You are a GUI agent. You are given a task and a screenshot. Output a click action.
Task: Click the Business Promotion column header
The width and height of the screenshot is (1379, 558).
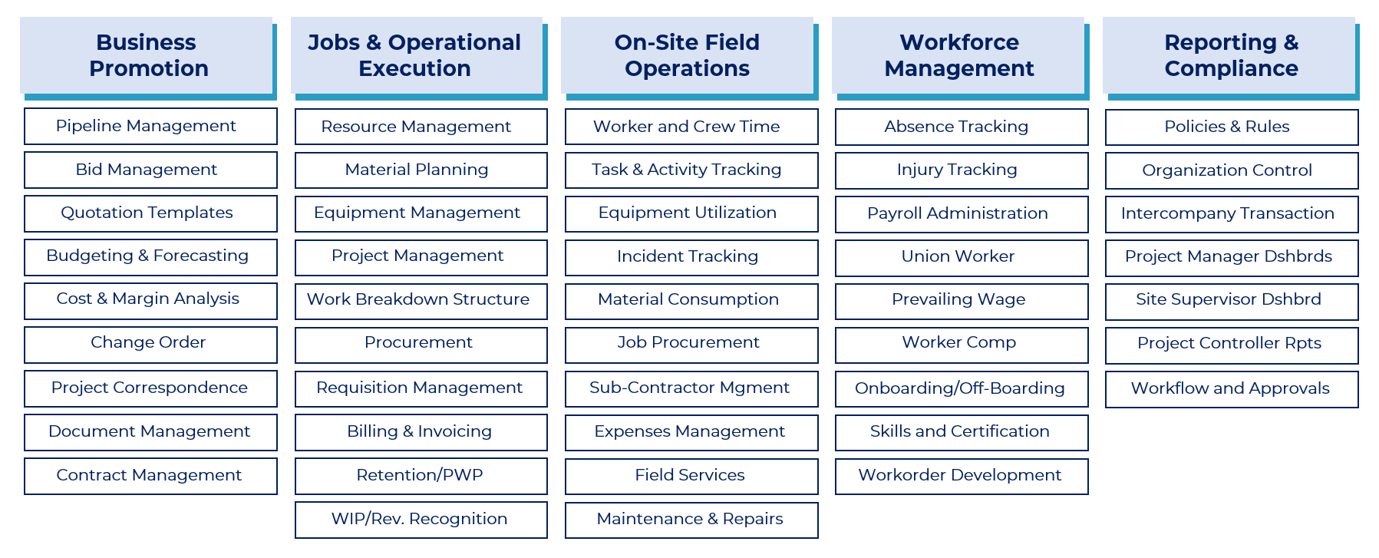click(147, 55)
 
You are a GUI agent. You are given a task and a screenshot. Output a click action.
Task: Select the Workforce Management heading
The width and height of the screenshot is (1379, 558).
click(958, 55)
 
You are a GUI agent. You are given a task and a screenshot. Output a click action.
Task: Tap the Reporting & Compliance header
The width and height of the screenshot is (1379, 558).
click(1229, 55)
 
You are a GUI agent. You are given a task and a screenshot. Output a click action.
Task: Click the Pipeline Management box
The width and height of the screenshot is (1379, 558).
click(150, 126)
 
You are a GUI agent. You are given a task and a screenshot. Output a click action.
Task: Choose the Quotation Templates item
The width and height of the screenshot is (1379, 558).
click(150, 213)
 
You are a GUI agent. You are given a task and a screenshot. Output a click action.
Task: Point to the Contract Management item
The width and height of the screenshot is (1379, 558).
click(150, 476)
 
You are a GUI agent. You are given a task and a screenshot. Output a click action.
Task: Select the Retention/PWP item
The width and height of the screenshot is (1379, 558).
click(421, 476)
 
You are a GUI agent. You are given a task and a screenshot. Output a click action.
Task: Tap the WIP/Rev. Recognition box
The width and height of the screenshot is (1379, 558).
click(421, 520)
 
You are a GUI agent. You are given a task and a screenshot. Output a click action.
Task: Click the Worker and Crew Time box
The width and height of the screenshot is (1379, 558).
click(691, 127)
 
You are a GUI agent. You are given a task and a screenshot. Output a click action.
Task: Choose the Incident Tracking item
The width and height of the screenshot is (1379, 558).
click(691, 258)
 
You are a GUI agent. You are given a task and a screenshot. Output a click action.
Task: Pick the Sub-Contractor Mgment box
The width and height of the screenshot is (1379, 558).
click(691, 389)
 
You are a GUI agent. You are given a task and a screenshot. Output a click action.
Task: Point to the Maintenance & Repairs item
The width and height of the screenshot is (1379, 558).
click(691, 520)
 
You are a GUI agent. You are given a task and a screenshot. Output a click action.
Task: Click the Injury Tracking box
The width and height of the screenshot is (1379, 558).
click(962, 170)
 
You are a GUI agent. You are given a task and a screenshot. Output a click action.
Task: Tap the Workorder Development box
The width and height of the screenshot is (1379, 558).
click(962, 477)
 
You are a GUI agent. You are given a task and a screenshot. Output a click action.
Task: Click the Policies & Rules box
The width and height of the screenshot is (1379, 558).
click(1232, 127)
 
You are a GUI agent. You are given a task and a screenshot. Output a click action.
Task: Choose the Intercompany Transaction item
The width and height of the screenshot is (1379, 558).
click(1232, 214)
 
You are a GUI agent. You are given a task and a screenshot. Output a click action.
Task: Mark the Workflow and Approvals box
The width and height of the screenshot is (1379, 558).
click(1232, 389)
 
